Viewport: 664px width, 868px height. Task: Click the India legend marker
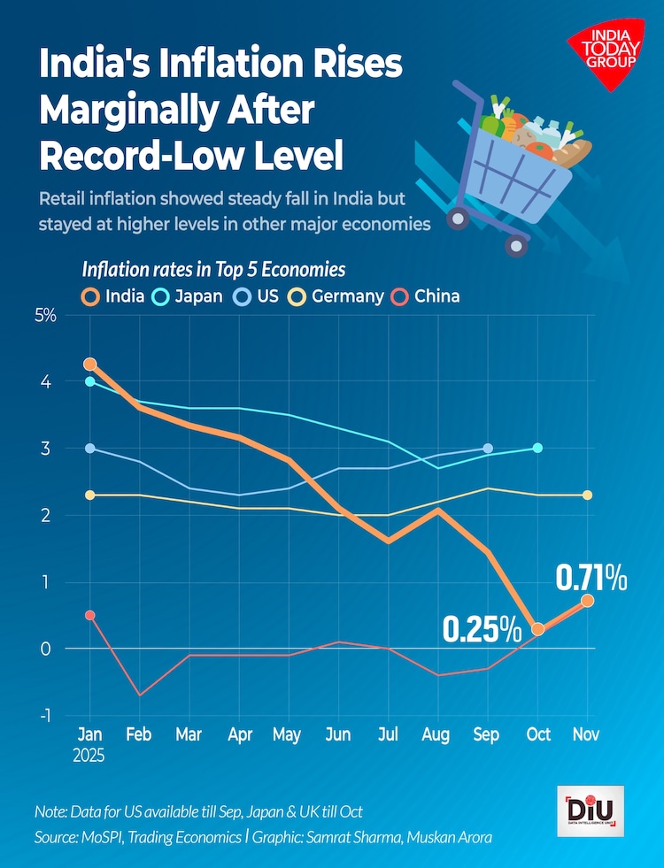[91, 296]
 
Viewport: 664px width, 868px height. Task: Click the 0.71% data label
[591, 579]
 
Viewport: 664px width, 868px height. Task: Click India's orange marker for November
[587, 601]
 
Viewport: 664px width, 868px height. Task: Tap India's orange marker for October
[537, 629]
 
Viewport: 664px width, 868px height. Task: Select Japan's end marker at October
[537, 449]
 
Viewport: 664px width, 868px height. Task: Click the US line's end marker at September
[488, 449]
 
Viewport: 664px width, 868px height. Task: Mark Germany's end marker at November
[587, 495]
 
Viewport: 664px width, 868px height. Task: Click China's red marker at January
[89, 615]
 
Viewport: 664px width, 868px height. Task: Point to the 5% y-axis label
[45, 315]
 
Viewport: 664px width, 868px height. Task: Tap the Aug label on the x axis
[437, 734]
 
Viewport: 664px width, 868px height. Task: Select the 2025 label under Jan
[89, 757]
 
